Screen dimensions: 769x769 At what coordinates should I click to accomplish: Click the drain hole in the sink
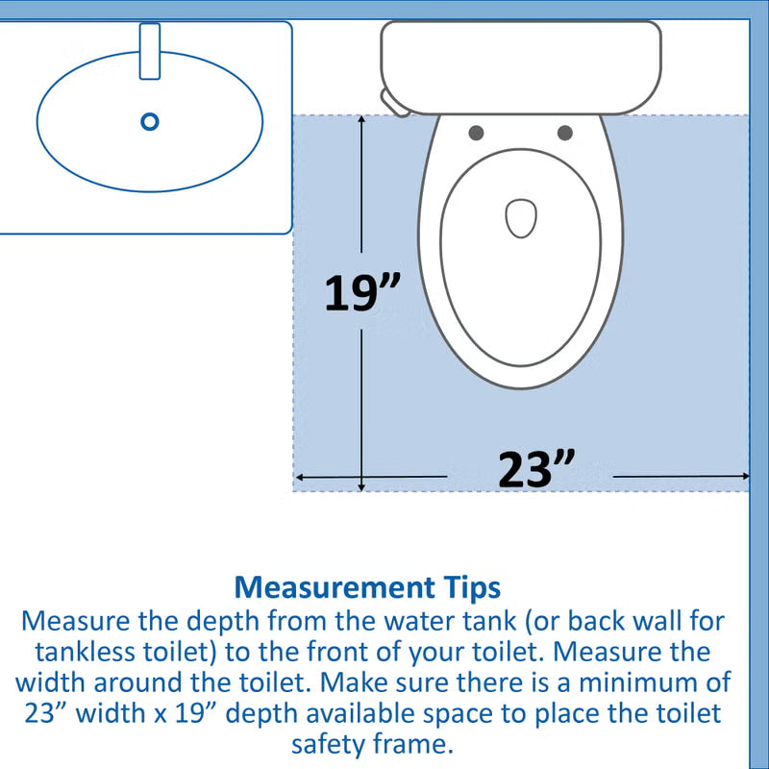pyautogui.click(x=149, y=122)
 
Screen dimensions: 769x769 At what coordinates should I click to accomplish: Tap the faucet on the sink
pyautogui.click(x=150, y=51)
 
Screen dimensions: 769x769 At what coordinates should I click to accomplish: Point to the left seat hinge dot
pyautogui.click(x=476, y=133)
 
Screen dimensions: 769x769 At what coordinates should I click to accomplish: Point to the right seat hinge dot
pyautogui.click(x=565, y=133)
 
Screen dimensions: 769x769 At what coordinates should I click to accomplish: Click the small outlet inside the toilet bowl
pyautogui.click(x=520, y=218)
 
